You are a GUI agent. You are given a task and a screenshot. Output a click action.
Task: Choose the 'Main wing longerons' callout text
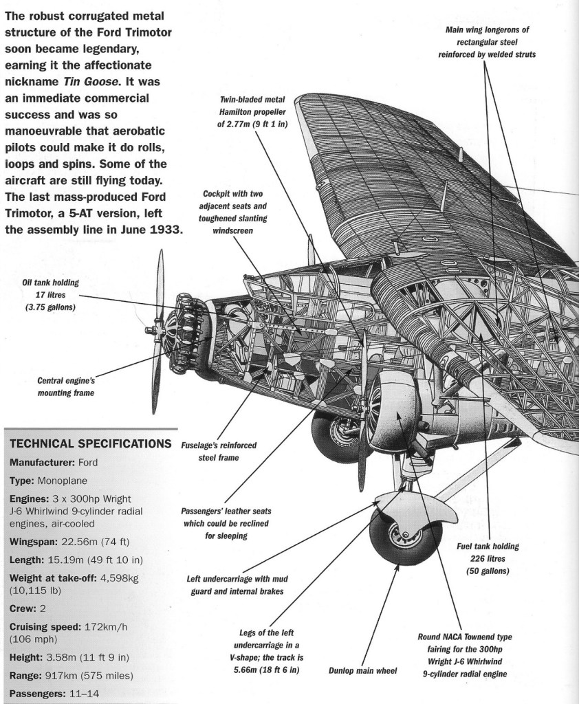(487, 42)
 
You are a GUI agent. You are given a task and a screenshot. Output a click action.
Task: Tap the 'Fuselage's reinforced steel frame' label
(219, 452)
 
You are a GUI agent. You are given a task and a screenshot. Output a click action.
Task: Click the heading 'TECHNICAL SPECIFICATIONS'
(87, 443)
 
